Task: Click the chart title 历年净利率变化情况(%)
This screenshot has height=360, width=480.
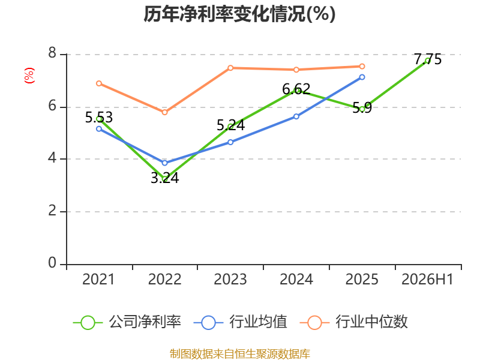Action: point(239,14)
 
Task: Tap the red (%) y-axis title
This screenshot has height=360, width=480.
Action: point(29,76)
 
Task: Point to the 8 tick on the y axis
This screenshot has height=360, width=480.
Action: point(52,53)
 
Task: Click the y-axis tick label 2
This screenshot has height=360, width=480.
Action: point(52,211)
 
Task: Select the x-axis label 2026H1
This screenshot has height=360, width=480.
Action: point(427,279)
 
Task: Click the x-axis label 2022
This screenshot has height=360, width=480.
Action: point(164,279)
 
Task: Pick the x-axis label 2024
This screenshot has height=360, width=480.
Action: point(296,279)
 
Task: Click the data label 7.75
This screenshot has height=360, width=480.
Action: point(428,59)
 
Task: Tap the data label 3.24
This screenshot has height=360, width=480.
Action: point(164,178)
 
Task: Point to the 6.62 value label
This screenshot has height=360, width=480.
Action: point(296,89)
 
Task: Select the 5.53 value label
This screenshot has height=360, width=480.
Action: point(99,117)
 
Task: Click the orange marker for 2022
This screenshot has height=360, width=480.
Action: point(164,112)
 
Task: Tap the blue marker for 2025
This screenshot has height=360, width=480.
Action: point(362,77)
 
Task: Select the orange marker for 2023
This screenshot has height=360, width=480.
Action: point(230,68)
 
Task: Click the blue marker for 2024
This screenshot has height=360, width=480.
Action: point(296,116)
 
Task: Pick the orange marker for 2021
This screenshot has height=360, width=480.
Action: point(99,83)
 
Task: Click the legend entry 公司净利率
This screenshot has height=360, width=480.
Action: point(127,322)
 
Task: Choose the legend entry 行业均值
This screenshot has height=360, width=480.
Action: point(241,322)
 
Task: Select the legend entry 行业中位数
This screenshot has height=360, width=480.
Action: point(353,322)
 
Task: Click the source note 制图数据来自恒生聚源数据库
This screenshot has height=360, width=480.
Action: point(239,353)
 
